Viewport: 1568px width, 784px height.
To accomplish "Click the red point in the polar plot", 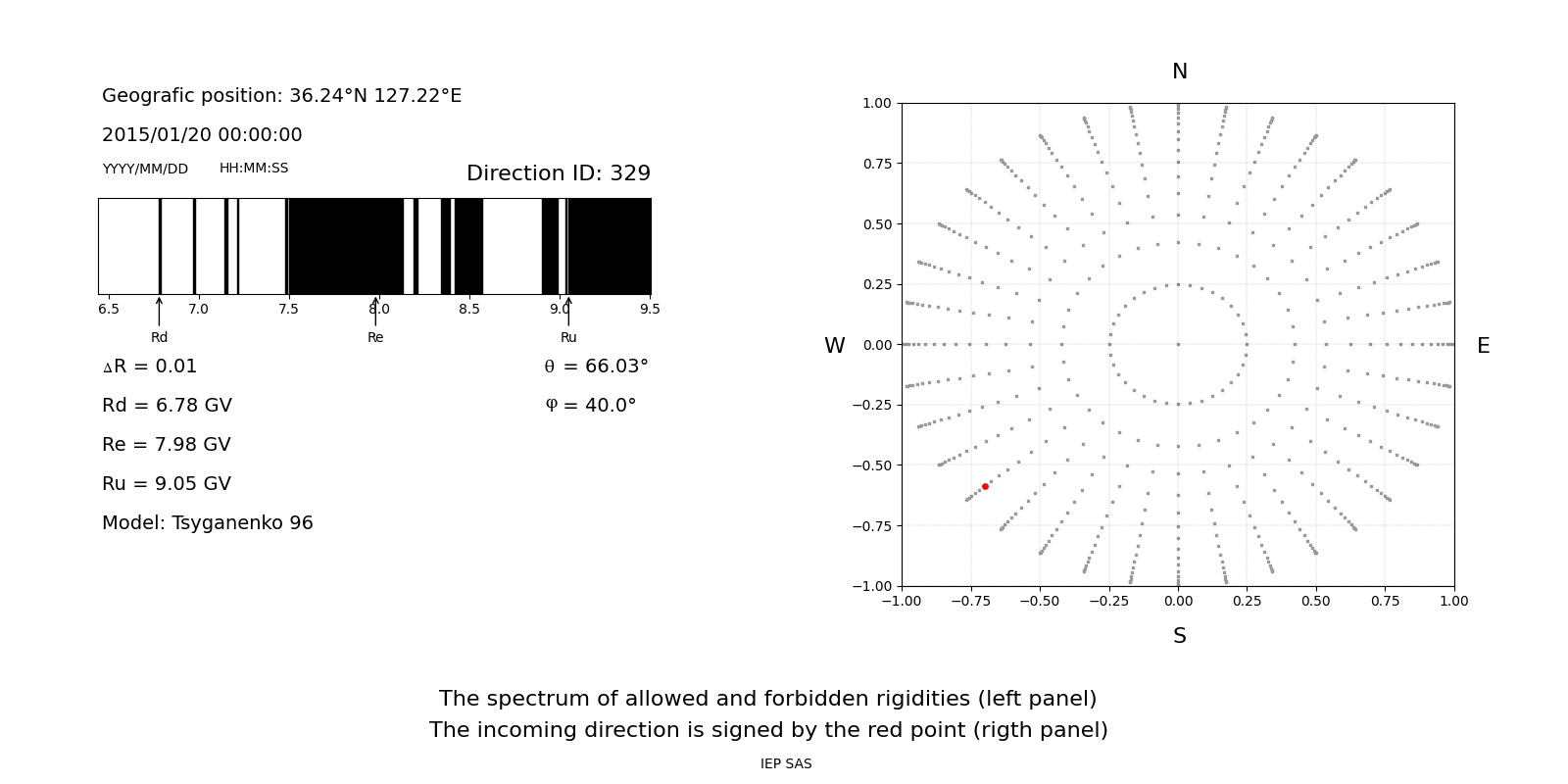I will click(x=985, y=486).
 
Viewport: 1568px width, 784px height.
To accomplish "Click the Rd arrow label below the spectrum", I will click(x=159, y=338).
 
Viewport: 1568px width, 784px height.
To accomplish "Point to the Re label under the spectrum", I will click(x=375, y=338).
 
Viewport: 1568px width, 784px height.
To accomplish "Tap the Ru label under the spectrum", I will click(x=568, y=338).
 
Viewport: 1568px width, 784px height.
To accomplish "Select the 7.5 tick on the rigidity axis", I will click(x=288, y=310).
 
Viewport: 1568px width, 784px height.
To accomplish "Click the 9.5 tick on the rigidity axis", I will click(x=650, y=310).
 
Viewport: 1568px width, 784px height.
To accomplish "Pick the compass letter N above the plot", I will click(x=1179, y=72).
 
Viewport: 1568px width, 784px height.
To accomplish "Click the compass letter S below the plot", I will click(x=1179, y=637).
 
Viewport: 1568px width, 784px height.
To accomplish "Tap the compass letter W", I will click(x=834, y=346).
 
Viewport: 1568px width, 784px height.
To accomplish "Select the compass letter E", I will click(x=1483, y=346).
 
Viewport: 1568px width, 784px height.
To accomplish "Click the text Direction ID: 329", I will click(x=558, y=173).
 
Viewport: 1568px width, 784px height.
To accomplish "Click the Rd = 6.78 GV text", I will click(x=167, y=406).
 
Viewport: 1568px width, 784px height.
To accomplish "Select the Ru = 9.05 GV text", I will click(x=167, y=484).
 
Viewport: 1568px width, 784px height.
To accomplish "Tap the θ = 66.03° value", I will click(x=596, y=367).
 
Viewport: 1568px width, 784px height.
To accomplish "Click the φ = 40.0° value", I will click(x=590, y=406).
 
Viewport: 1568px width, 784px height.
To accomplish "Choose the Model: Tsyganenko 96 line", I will click(x=208, y=523).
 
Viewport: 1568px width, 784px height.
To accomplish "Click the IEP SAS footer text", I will click(x=786, y=764).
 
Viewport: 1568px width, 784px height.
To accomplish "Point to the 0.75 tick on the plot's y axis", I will click(x=876, y=164).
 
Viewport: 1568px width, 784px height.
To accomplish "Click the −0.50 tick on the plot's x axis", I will click(x=1040, y=602).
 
